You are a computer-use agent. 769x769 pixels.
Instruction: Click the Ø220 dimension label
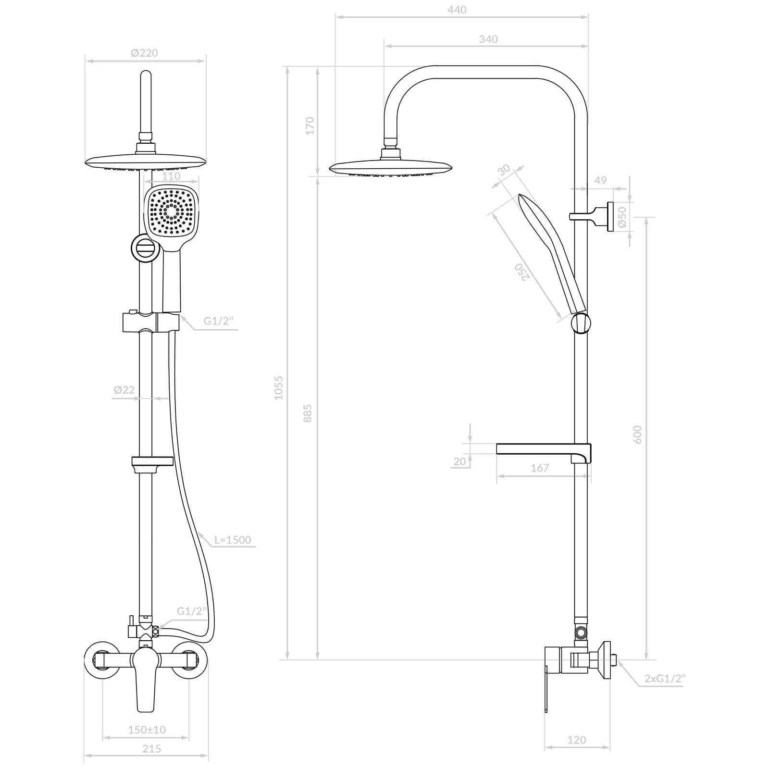pyautogui.click(x=144, y=53)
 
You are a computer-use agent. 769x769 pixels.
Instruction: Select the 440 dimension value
pyautogui.click(x=457, y=10)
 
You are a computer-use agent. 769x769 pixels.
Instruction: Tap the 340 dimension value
pyautogui.click(x=488, y=39)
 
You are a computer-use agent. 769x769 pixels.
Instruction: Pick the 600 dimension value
pyautogui.click(x=638, y=434)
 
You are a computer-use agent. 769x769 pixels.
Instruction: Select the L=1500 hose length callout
pyautogui.click(x=233, y=540)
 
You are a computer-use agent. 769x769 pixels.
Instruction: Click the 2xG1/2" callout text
pyautogui.click(x=665, y=679)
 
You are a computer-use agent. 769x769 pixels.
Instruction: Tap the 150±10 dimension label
pyautogui.click(x=147, y=730)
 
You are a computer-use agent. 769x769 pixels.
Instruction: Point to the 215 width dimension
pyautogui.click(x=152, y=749)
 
